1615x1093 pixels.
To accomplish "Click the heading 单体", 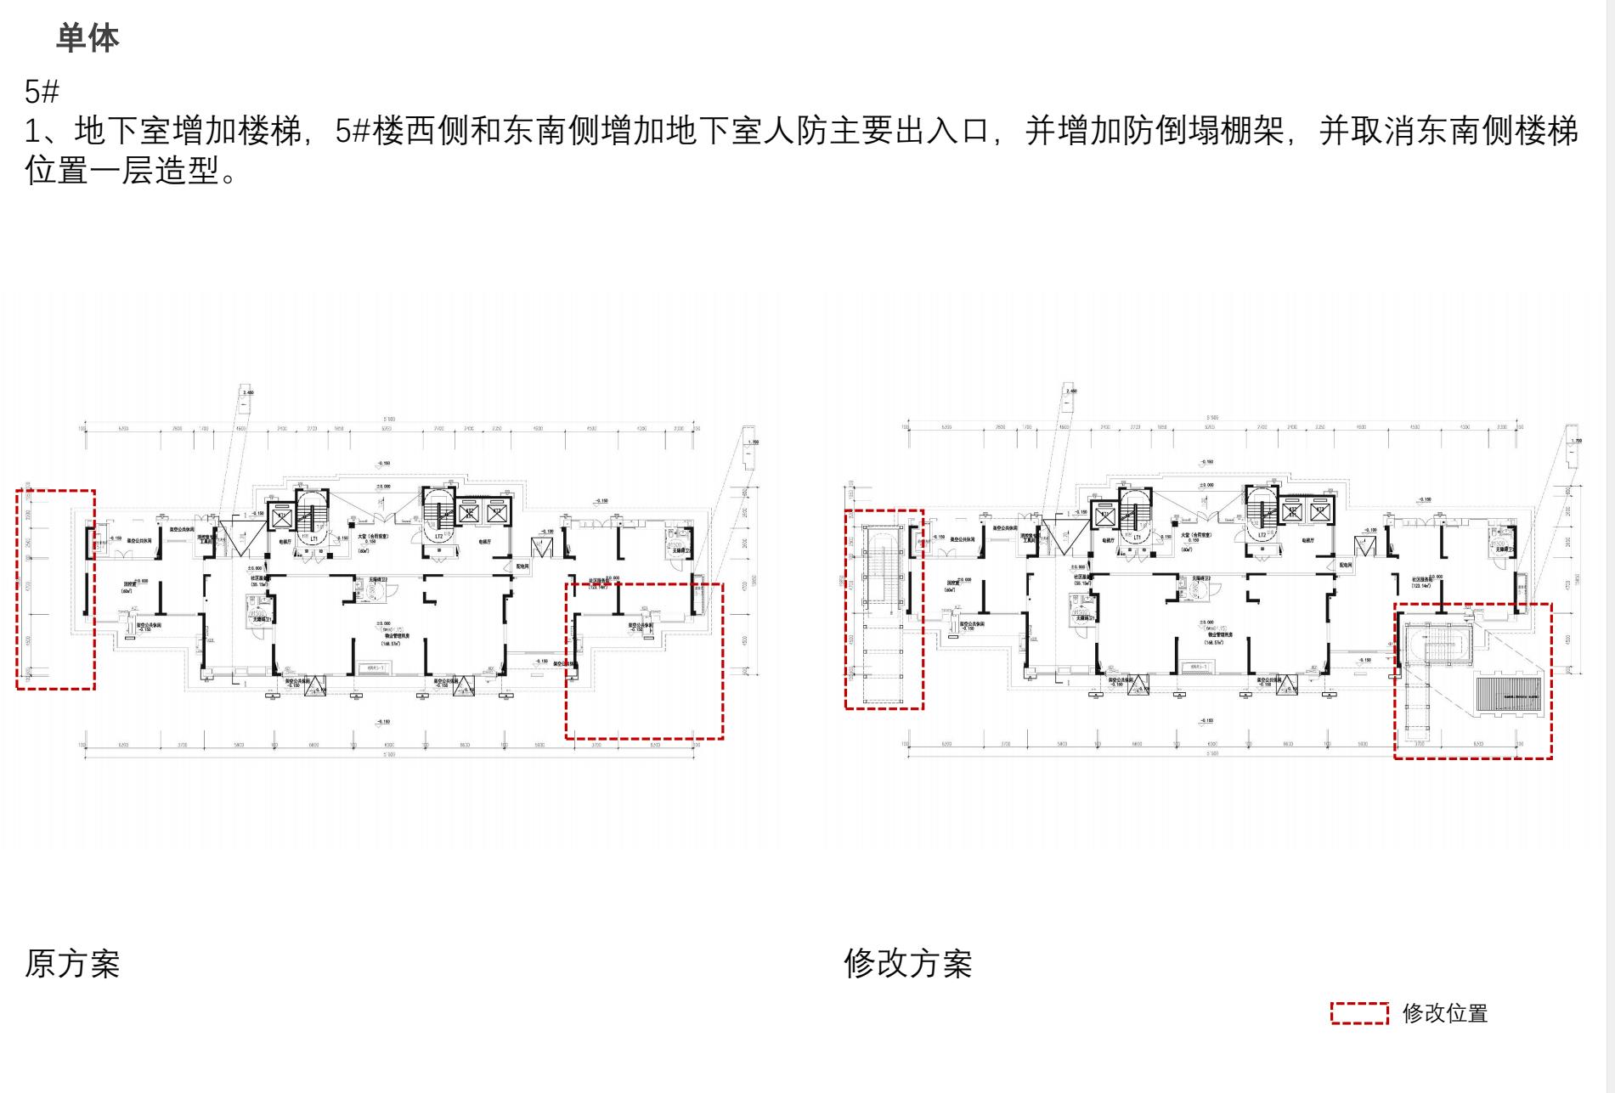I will (x=88, y=38).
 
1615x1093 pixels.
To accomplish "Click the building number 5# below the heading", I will (x=42, y=91).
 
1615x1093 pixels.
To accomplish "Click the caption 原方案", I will (x=72, y=964).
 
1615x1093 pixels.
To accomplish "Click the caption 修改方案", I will (x=907, y=964).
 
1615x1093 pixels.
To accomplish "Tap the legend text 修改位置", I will (x=1444, y=1013).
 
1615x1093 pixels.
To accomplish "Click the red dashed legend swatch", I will (x=1359, y=1013).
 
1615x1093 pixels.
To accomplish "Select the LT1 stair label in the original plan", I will (x=313, y=538).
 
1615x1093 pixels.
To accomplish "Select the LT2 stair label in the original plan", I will (x=439, y=537).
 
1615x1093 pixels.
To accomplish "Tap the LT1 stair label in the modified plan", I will (x=1137, y=537).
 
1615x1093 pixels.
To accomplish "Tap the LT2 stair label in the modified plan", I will (x=1262, y=536).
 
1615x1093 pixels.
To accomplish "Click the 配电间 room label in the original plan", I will (x=522, y=566).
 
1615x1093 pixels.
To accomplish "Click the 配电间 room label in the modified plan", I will (x=1345, y=565).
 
